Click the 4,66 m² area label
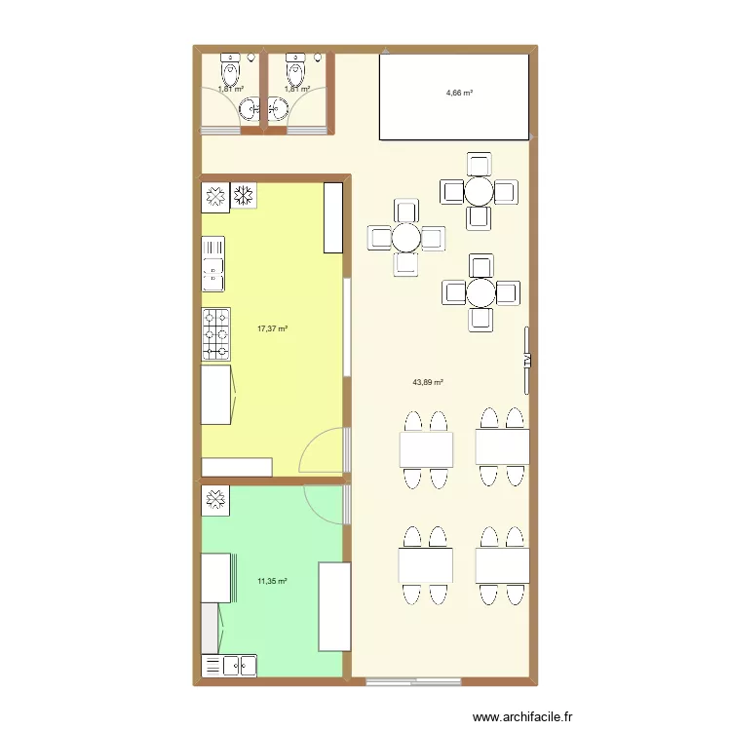pos(459,94)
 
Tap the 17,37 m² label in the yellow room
pos(272,329)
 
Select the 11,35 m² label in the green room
pos(272,582)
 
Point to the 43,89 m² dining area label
pos(428,383)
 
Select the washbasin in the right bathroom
pos(278,110)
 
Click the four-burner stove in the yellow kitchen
pos(215,332)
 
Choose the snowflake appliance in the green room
pos(214,501)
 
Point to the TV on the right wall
pos(527,360)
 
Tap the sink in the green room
pos(229,666)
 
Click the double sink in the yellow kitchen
pos(212,263)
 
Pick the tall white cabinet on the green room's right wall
pos(334,605)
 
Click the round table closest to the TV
pos(480,292)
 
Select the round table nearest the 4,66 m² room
pos(479,191)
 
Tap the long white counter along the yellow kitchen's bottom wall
pos(237,467)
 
